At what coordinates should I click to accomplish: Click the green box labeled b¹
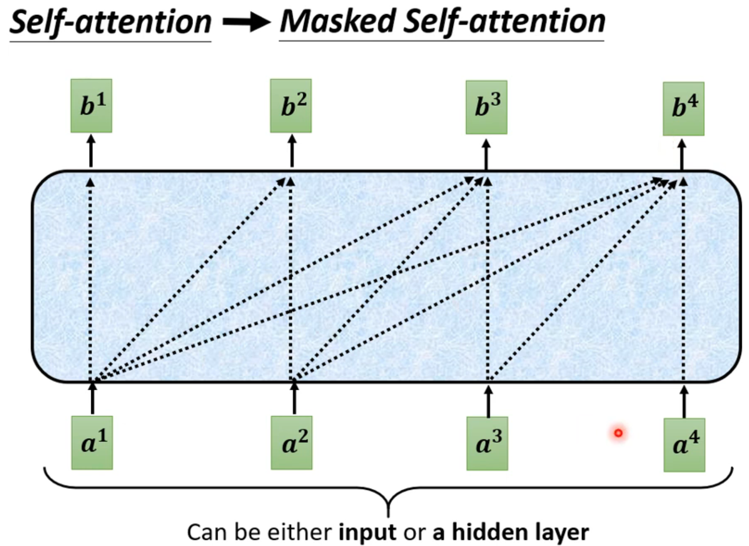(x=91, y=106)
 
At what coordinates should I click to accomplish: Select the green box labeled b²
(x=291, y=106)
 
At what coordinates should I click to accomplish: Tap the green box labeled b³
(x=486, y=107)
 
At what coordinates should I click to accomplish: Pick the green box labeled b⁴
(x=683, y=108)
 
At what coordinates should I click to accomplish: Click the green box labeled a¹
(x=92, y=443)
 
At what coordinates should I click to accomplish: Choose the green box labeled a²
(x=292, y=443)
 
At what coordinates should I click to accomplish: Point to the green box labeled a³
(x=487, y=444)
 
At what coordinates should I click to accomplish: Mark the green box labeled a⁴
(x=684, y=445)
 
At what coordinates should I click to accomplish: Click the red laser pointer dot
(x=618, y=433)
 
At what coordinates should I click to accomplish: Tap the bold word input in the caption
(x=367, y=532)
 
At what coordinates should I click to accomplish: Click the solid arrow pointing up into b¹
(x=91, y=151)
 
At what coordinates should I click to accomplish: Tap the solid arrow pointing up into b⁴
(x=682, y=155)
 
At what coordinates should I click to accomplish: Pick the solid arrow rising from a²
(x=294, y=397)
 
